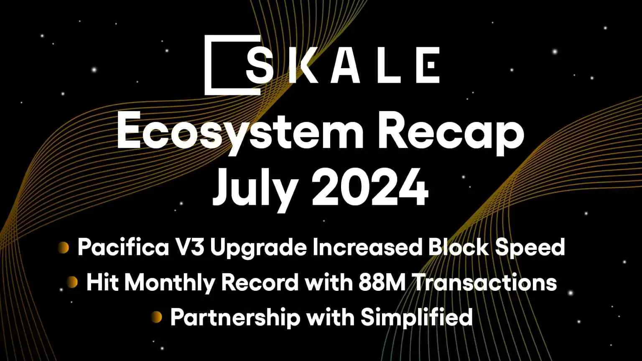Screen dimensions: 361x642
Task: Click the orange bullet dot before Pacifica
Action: point(64,248)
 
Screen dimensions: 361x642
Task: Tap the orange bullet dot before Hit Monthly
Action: point(73,282)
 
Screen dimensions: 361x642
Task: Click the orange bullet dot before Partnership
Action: point(157,317)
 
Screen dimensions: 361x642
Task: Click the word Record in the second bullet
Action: point(260,282)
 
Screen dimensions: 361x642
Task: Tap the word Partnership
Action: point(235,318)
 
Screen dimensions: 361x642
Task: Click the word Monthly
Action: point(170,283)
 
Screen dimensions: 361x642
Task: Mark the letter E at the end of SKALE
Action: point(428,65)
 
